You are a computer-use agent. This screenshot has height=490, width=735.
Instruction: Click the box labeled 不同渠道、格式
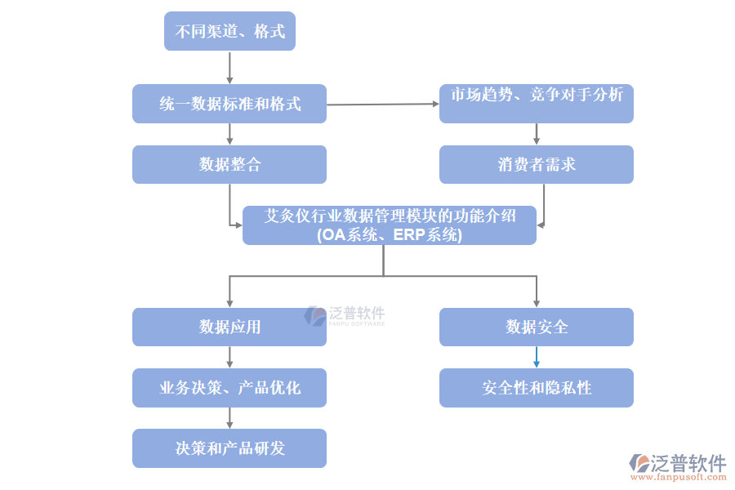click(x=229, y=32)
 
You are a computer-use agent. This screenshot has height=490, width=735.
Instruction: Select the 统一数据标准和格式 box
click(x=229, y=104)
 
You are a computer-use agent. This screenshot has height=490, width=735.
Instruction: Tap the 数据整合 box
click(x=229, y=164)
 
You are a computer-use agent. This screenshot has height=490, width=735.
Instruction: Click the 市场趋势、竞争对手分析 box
click(x=537, y=104)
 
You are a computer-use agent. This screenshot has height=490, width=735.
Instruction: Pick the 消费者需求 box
click(x=537, y=164)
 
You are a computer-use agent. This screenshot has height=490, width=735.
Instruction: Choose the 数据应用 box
click(x=229, y=327)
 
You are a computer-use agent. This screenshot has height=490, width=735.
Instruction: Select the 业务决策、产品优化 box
click(x=229, y=388)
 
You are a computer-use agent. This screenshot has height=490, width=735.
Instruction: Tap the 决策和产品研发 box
click(x=229, y=448)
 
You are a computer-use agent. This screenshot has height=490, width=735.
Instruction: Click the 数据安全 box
click(x=537, y=327)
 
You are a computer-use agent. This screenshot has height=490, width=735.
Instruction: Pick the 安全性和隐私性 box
click(x=537, y=388)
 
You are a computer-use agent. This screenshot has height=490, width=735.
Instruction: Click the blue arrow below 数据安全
click(x=537, y=357)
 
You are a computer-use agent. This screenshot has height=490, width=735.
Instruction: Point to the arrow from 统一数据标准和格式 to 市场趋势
click(x=382, y=105)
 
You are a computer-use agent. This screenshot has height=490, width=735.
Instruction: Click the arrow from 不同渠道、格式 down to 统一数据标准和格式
click(x=229, y=68)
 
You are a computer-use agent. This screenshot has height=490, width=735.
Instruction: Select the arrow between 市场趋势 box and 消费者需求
click(x=537, y=134)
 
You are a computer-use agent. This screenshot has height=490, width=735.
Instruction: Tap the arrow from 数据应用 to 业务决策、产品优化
click(x=229, y=357)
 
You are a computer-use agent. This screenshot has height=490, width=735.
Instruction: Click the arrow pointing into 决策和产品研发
click(x=229, y=418)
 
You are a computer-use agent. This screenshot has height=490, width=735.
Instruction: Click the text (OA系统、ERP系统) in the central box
click(x=390, y=235)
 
